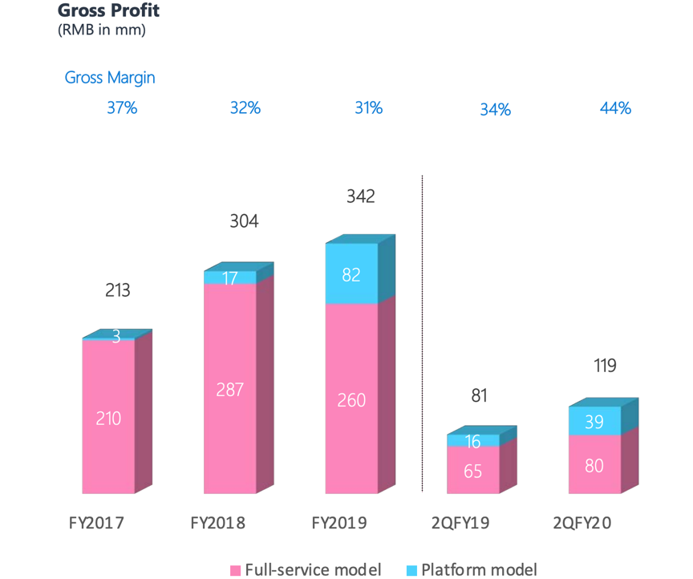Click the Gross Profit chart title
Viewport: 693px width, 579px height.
tap(107, 11)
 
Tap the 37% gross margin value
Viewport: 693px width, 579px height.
tap(122, 107)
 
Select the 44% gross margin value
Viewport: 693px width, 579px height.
tap(615, 107)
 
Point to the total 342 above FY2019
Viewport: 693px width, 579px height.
tap(361, 196)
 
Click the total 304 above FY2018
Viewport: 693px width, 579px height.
tap(244, 221)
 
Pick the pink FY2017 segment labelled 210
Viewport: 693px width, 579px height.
tap(108, 417)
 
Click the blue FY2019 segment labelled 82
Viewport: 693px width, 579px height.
tap(351, 274)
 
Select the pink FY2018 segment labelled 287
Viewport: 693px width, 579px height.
tap(229, 390)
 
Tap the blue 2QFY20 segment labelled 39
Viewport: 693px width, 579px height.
tap(594, 421)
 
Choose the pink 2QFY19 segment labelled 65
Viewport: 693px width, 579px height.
tap(472, 471)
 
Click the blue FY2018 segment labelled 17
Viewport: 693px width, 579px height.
tap(229, 277)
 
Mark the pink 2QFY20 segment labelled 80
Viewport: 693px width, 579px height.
tap(594, 464)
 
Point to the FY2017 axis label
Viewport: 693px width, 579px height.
tap(96, 523)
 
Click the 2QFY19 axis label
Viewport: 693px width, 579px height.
tap(460, 523)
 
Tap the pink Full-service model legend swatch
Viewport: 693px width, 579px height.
tap(235, 570)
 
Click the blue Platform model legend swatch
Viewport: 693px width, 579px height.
tap(411, 570)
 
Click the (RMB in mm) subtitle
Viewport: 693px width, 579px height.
tap(101, 30)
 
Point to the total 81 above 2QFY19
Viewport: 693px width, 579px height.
tap(480, 395)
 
